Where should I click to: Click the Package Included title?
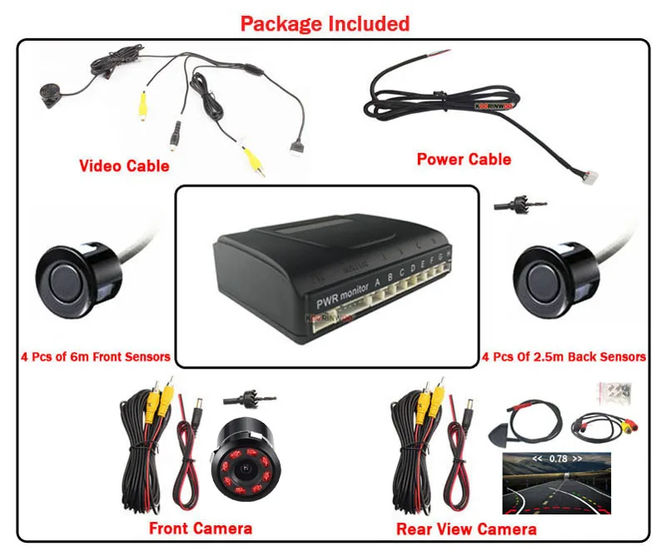[325, 23]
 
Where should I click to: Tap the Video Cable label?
[124, 166]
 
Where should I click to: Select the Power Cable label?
[464, 159]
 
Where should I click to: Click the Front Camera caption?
[200, 528]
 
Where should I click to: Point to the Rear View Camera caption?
[466, 529]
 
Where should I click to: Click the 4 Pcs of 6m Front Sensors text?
[95, 357]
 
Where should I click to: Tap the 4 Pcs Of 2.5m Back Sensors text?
[564, 357]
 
